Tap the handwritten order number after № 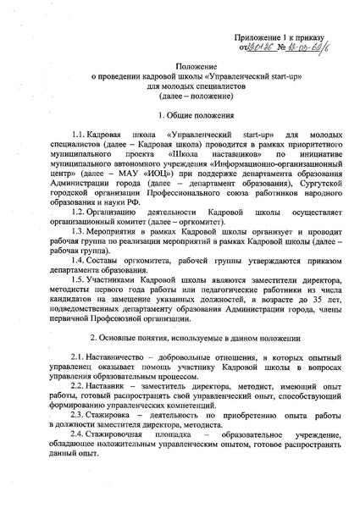[x=319, y=50]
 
